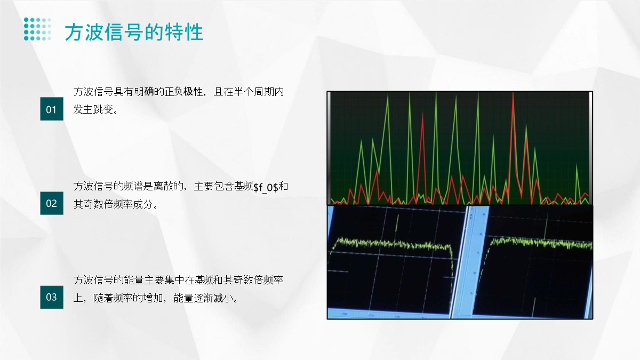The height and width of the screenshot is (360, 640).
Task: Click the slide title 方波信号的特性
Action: [134, 33]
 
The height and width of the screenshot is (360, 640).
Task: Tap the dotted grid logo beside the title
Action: [37, 29]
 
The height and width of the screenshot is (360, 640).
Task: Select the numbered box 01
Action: [52, 109]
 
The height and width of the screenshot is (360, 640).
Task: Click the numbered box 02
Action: [52, 203]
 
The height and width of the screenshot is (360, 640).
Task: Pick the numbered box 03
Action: [52, 297]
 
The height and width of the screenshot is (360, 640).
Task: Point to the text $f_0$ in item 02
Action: [266, 187]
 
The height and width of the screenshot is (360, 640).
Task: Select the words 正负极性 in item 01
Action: [183, 92]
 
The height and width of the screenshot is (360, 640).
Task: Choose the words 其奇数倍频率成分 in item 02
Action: [113, 204]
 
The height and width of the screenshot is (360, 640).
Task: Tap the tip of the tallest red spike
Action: [513, 93]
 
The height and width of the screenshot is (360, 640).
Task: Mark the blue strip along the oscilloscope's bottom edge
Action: [389, 314]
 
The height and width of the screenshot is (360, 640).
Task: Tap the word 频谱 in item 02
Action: [133, 186]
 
